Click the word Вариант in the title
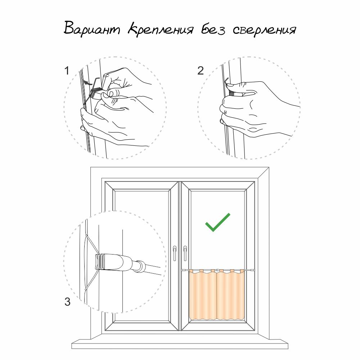coord(92,28)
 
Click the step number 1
coord(67,71)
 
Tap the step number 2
coord(201,71)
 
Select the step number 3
coord(67,302)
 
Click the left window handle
coord(175,253)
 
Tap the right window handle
coord(185,253)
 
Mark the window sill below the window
coord(180,343)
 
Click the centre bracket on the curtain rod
coord(217,270)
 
